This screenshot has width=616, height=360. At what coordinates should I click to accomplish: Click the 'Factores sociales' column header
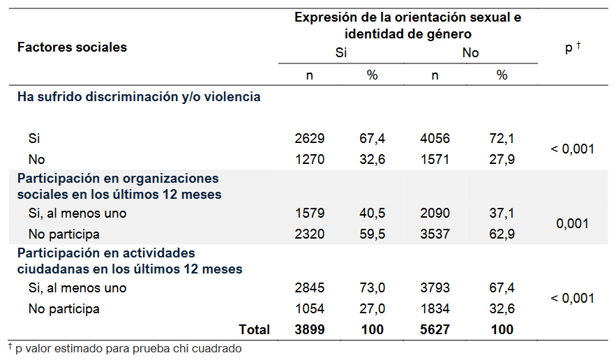pos(72,47)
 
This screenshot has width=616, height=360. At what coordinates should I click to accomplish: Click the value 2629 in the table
pos(310,139)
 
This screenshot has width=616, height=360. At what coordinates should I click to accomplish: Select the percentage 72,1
pos(502,139)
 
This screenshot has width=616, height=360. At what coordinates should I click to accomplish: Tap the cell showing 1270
pos(310,159)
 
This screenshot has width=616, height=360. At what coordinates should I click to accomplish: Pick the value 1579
pos(310,213)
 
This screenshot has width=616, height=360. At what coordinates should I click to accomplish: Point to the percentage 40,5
pos(372,213)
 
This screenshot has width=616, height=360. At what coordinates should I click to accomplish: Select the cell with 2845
pos(310,288)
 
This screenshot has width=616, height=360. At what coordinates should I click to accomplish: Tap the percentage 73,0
pos(372,288)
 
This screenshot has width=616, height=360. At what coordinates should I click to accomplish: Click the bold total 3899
pos(310,329)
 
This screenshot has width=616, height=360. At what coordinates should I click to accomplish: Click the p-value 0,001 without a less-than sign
pos(572,224)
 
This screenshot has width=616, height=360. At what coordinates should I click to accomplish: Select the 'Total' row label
pos(254,329)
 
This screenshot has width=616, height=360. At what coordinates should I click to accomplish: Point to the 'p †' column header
pos(573,47)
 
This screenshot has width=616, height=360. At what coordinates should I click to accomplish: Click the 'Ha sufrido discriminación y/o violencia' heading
pos(139,97)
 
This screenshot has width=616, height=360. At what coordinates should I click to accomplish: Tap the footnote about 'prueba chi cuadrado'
pos(125,348)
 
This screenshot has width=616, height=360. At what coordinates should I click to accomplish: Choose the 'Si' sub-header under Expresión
pos(341,53)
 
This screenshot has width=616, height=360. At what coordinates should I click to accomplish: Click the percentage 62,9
pos(502,234)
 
